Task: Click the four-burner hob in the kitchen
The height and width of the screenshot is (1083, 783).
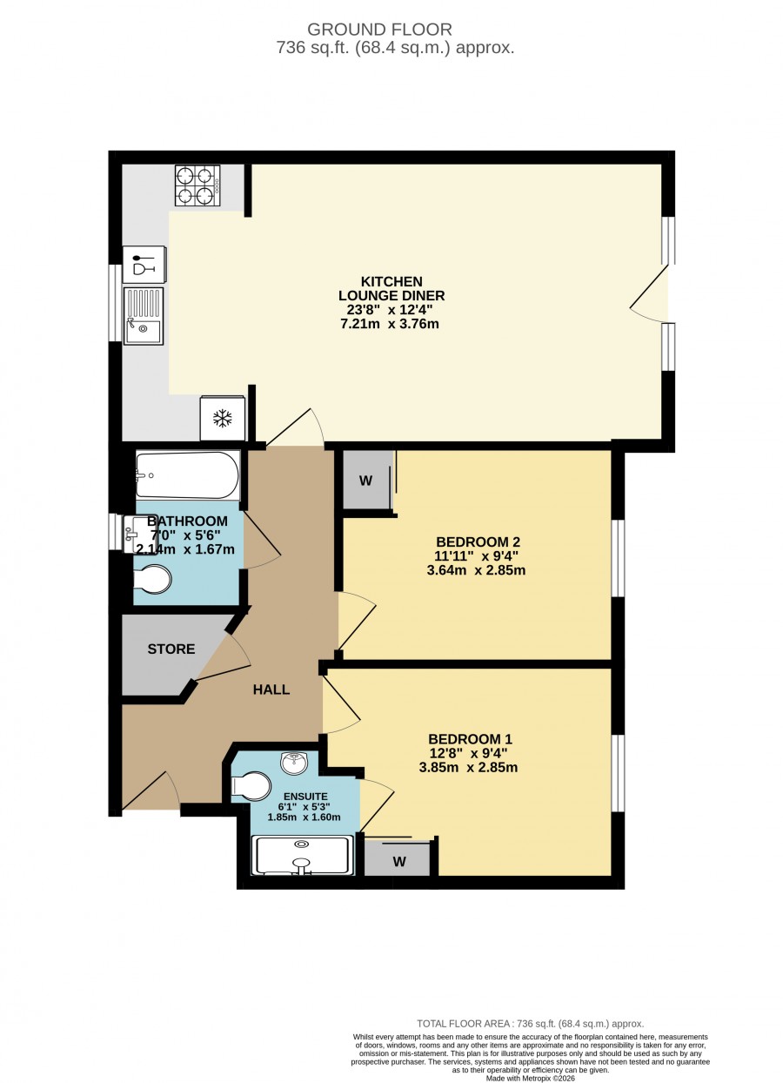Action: tap(197, 185)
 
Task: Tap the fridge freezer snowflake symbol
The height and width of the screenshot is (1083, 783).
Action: tap(222, 418)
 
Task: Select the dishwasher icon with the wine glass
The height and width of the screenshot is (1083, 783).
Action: tap(144, 265)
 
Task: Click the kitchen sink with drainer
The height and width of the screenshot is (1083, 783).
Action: tap(144, 316)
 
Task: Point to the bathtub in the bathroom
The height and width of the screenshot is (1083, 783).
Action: tap(188, 474)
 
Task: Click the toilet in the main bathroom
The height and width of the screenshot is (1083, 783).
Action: tap(152, 579)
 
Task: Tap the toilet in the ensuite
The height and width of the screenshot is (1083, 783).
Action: tap(251, 785)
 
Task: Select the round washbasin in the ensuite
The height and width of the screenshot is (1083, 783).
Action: tap(294, 763)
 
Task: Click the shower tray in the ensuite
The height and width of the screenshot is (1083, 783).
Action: tap(303, 855)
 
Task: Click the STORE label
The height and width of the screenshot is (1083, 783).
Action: tap(171, 649)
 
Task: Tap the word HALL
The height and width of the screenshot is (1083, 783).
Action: tap(271, 689)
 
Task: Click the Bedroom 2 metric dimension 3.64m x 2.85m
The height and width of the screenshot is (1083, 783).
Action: tap(476, 570)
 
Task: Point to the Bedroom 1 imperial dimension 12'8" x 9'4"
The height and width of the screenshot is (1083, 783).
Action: tap(468, 753)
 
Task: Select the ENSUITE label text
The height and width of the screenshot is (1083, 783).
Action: tap(305, 797)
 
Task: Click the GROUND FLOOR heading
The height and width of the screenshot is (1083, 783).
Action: tap(379, 30)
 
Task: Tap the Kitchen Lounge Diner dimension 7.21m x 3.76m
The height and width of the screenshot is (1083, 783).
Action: tap(390, 324)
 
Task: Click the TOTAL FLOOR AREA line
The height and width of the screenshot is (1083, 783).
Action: tap(531, 1024)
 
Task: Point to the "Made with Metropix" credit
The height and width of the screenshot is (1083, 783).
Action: tap(531, 1079)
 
